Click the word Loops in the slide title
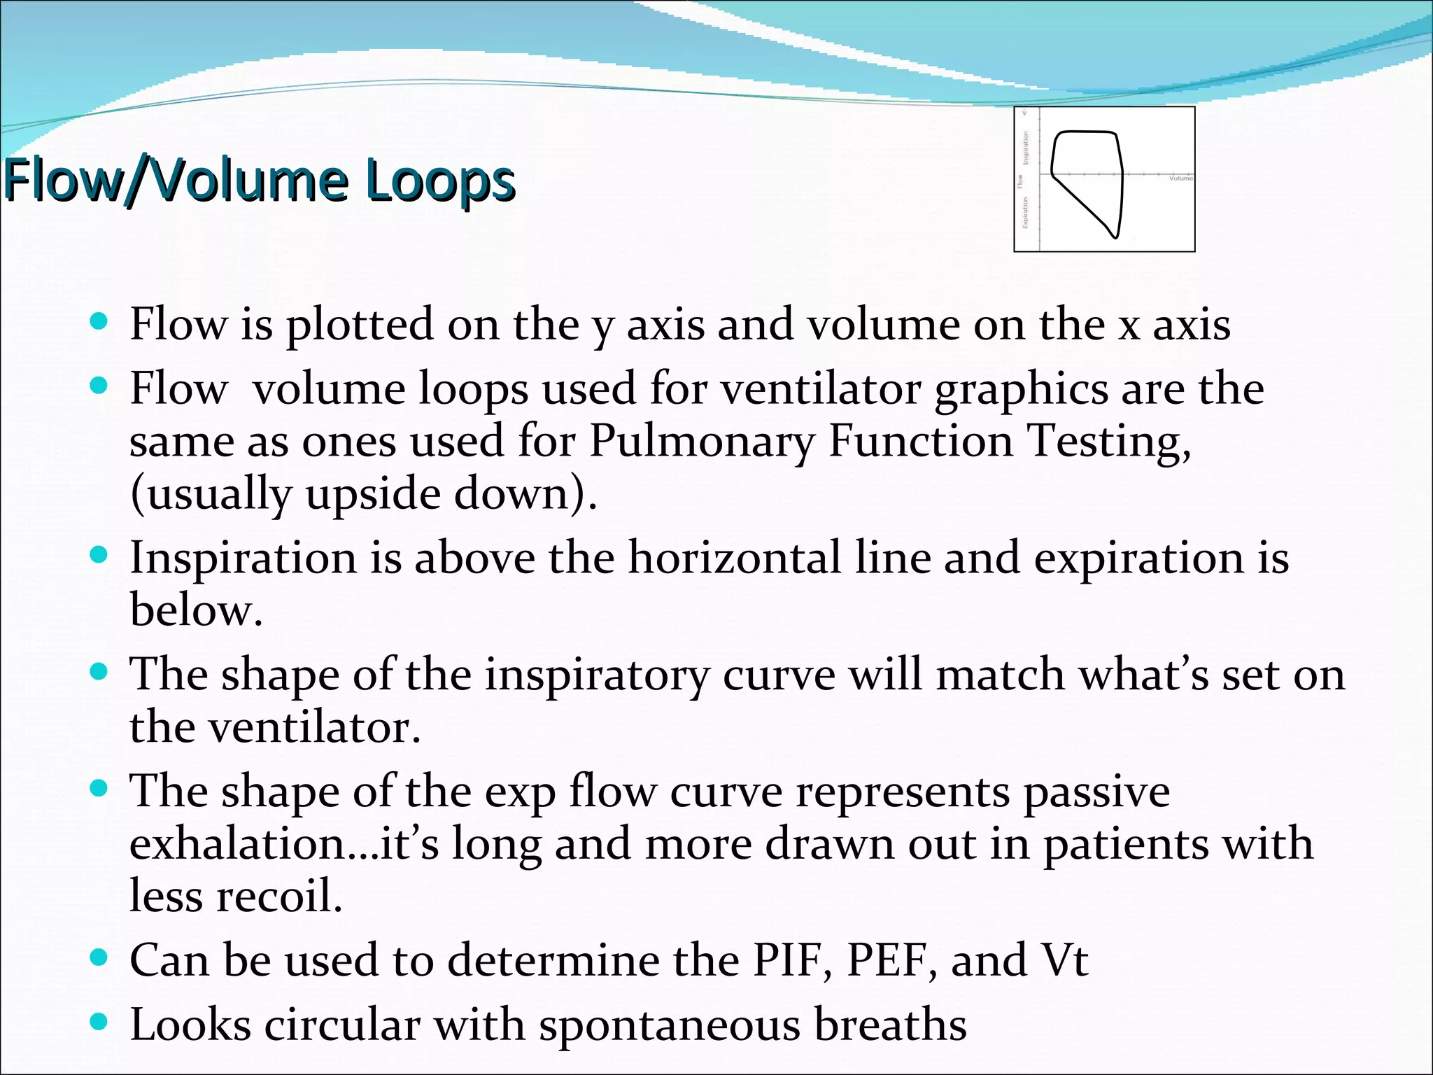[x=440, y=180]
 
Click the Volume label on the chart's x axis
[x=1180, y=178]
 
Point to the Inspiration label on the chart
[x=1026, y=148]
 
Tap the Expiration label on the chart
[x=1026, y=212]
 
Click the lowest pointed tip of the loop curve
[x=1115, y=237]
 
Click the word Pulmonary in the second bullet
[x=702, y=441]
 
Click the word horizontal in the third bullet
[x=734, y=558]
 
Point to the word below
[x=196, y=610]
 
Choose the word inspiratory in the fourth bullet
[x=597, y=675]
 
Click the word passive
[x=1096, y=792]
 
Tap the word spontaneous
[x=669, y=1025]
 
